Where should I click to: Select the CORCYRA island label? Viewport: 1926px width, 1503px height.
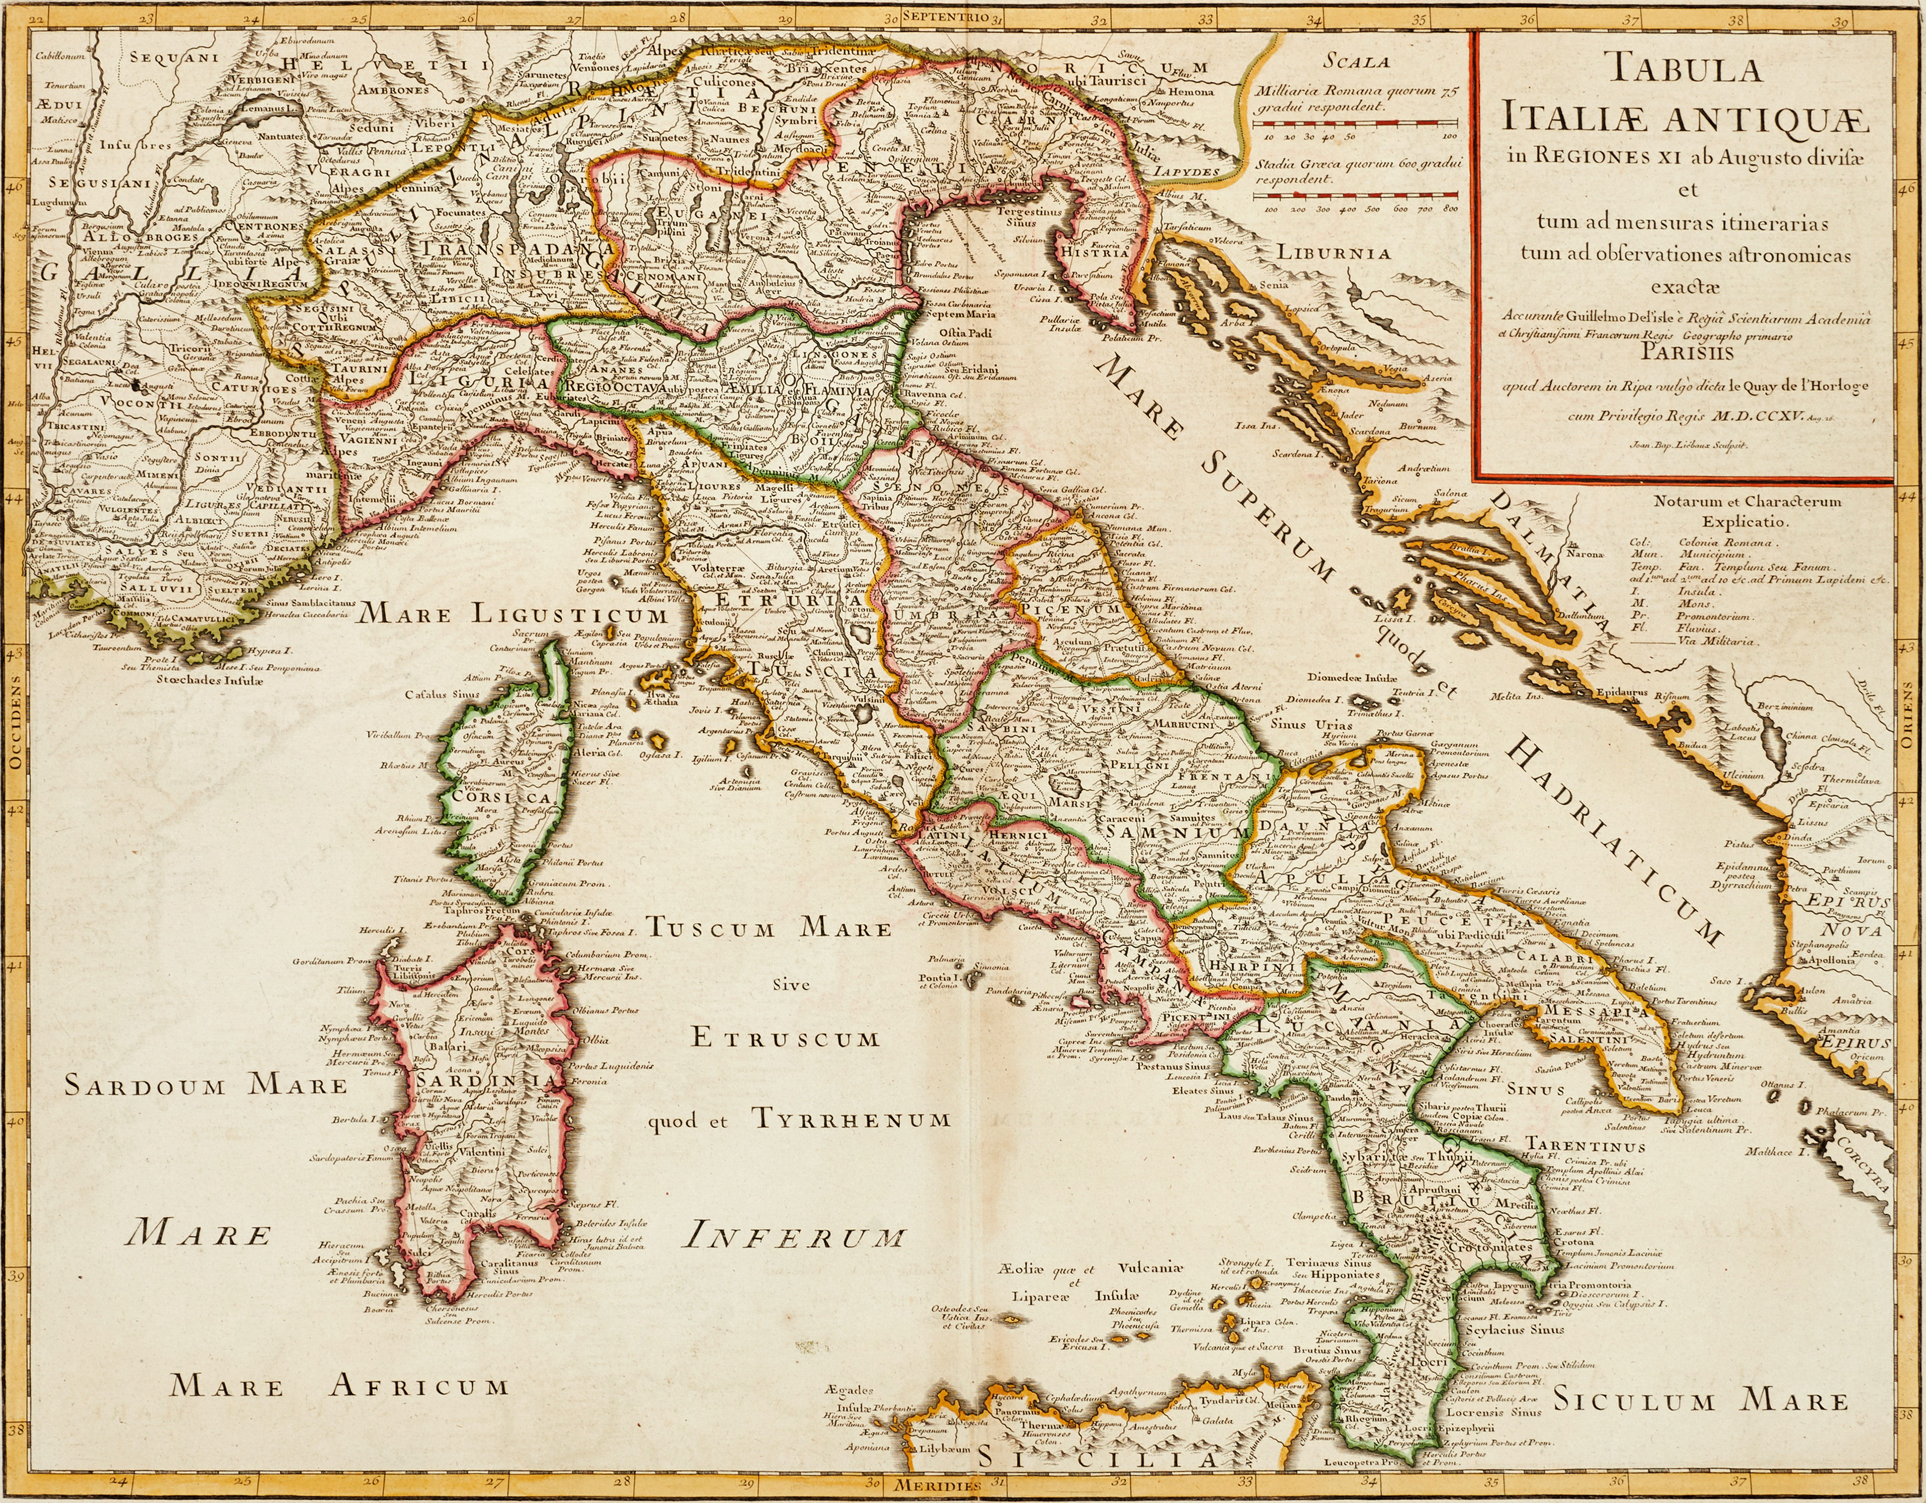tap(1859, 1165)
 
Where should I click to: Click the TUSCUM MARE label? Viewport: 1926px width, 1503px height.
tap(769, 928)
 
